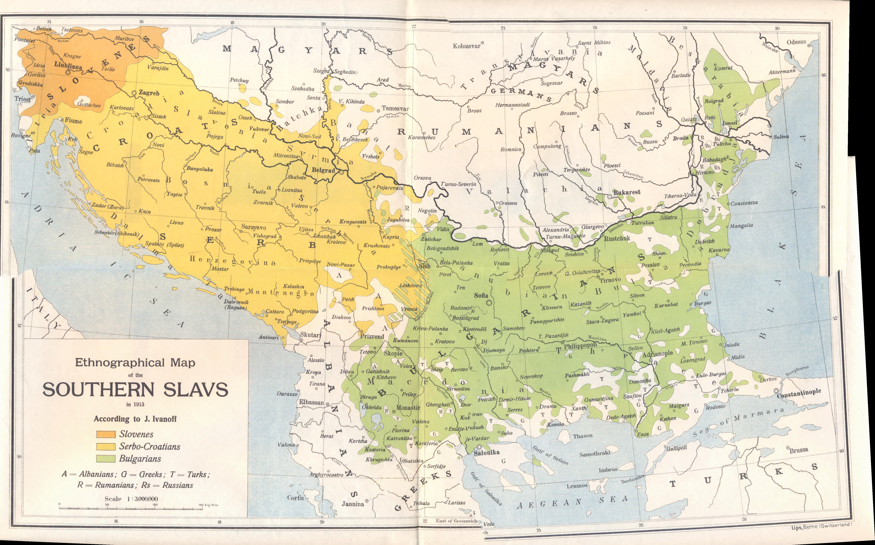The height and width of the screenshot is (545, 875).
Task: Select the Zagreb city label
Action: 149,93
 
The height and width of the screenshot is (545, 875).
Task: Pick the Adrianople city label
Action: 658,353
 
